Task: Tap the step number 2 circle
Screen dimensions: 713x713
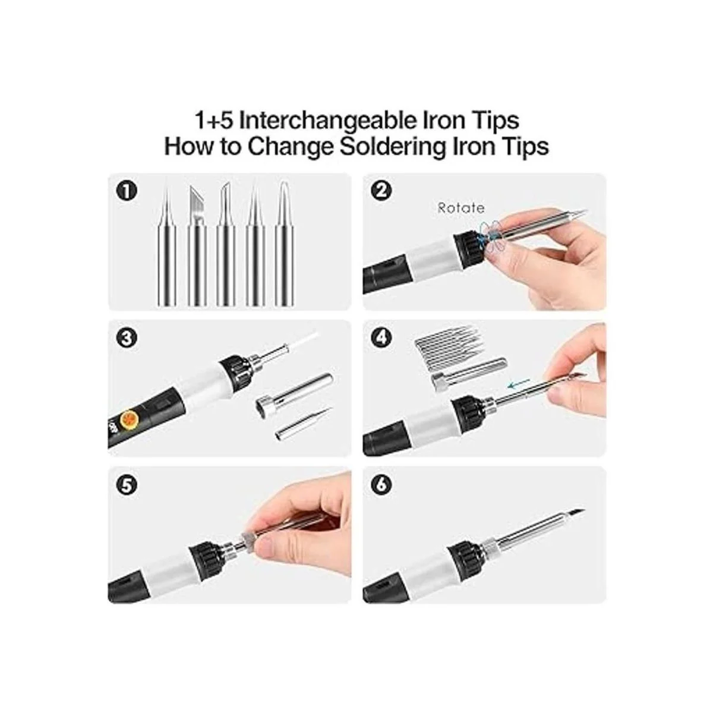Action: (381, 191)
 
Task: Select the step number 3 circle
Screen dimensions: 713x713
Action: (126, 338)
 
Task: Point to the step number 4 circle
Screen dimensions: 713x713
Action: (381, 338)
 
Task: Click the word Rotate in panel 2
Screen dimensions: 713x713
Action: (460, 208)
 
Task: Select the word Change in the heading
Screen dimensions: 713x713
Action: (291, 147)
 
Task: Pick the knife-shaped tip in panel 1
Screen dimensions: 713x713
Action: (197, 245)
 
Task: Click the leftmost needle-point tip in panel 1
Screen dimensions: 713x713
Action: (167, 245)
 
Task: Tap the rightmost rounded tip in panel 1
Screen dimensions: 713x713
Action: (285, 244)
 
